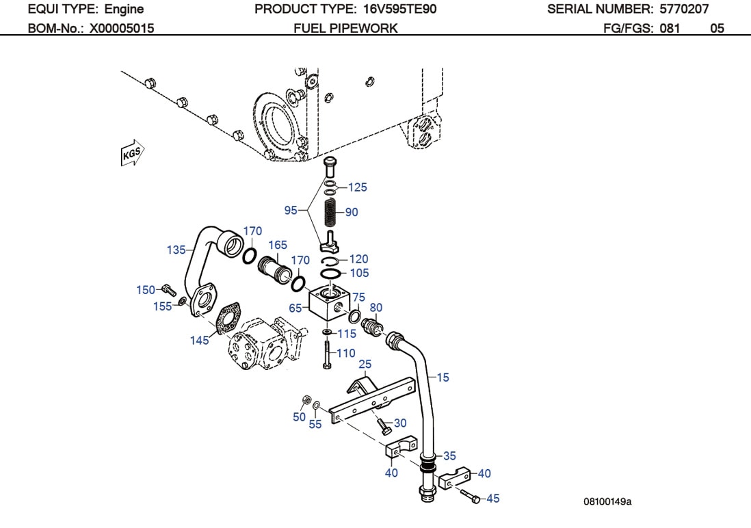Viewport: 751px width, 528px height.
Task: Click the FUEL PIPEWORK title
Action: click(x=345, y=28)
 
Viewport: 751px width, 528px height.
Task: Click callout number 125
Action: click(x=357, y=187)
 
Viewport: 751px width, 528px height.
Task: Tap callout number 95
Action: click(x=291, y=210)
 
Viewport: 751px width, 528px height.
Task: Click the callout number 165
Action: click(x=277, y=245)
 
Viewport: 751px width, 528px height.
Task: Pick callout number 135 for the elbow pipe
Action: click(x=176, y=250)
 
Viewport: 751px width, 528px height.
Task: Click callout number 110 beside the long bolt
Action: click(x=346, y=353)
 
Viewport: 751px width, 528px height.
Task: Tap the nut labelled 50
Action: click(x=307, y=399)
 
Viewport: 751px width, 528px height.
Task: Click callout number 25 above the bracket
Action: click(x=365, y=364)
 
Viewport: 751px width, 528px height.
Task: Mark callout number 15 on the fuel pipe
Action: click(x=443, y=377)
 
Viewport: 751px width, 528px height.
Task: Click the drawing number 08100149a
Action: click(x=607, y=501)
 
